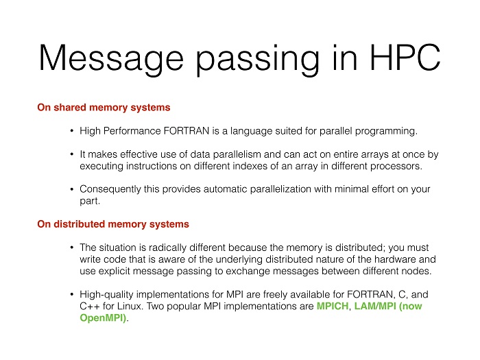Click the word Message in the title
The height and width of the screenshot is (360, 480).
click(x=111, y=58)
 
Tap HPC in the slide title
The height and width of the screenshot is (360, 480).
click(x=405, y=58)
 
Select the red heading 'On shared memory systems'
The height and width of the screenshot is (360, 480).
click(x=104, y=108)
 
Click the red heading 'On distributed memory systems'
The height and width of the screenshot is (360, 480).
click(x=113, y=224)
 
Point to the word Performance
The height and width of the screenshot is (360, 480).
click(x=132, y=131)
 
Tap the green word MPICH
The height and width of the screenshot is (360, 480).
click(x=333, y=306)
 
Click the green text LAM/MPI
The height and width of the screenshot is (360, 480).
click(x=375, y=306)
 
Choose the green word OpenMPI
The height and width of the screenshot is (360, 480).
click(x=103, y=318)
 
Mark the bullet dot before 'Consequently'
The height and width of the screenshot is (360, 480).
click(x=71, y=189)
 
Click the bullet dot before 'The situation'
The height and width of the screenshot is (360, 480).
click(x=71, y=248)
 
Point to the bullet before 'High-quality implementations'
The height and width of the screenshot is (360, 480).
click(x=71, y=294)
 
